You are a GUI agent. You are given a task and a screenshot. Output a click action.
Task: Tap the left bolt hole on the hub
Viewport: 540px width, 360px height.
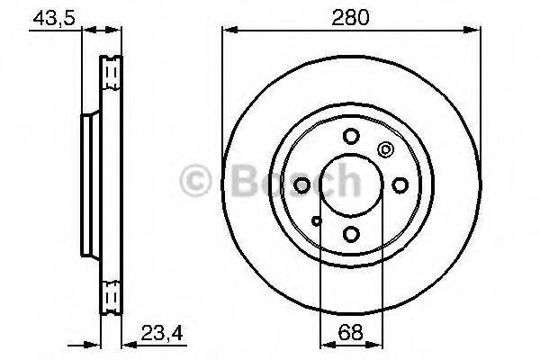(x=301, y=184)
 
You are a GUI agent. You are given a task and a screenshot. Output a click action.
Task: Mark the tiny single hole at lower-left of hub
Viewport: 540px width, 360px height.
(x=315, y=219)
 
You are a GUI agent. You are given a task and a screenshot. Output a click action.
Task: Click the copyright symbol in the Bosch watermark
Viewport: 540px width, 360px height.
(x=195, y=183)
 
